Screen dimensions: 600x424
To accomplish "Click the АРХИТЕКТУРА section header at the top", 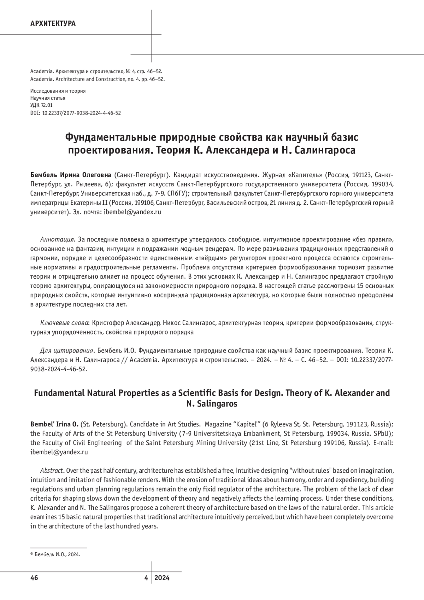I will click(53, 24).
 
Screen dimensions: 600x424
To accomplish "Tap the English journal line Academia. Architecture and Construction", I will click(97, 79).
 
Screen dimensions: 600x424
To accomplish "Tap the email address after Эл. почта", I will click(132, 212).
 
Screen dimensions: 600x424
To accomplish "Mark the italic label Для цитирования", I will click(67, 351).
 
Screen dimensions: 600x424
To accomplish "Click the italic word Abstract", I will click(52, 471).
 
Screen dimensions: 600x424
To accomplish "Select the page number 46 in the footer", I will click(34, 578).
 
